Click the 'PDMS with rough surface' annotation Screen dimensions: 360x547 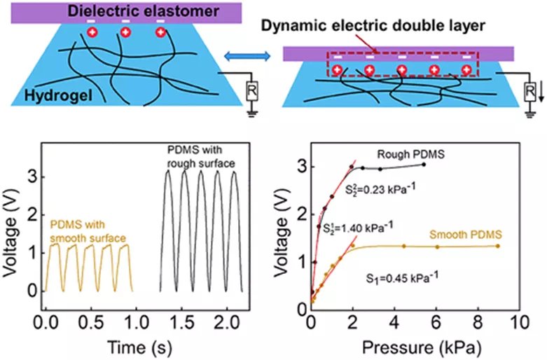[202, 158]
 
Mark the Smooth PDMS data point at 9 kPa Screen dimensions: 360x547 [497, 245]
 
